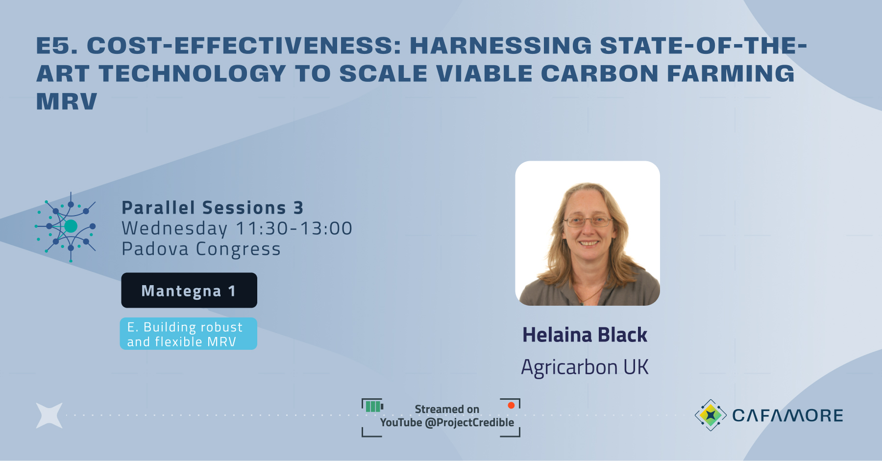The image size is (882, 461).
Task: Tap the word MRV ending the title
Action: pos(67,101)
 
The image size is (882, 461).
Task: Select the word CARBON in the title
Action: pos(600,73)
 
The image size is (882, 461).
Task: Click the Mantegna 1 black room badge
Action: pos(189,291)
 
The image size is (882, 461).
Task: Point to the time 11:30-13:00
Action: pos(294,228)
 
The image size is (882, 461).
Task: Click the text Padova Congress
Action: pos(201,249)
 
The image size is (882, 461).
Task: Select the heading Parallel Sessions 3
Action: pos(212,208)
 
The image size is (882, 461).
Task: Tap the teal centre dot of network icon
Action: pos(71,226)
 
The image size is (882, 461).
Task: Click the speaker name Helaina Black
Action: pos(585,335)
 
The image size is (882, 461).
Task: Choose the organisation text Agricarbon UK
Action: pos(585,367)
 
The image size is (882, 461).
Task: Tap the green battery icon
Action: pos(373,406)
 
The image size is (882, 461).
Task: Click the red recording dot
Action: pos(511,405)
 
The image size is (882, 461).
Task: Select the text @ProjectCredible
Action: pos(469,422)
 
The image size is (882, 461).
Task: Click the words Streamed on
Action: pos(447,409)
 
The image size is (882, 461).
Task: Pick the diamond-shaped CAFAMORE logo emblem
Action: pos(710,415)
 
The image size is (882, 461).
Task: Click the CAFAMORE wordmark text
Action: pos(787,415)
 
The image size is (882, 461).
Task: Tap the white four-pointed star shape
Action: pos(49,415)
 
